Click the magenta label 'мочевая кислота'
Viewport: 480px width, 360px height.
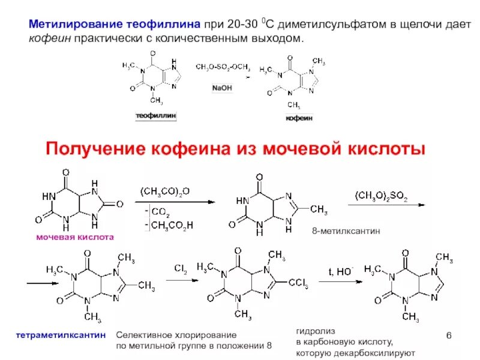[75, 238]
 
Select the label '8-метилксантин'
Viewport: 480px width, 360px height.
[338, 231]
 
